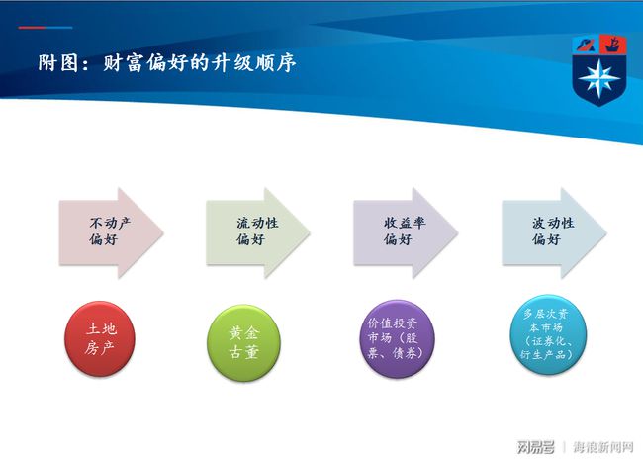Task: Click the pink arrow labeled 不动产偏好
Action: click(111, 232)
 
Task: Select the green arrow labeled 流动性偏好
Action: click(257, 232)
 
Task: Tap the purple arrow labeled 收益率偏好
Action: click(406, 232)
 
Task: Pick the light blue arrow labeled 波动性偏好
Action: click(554, 232)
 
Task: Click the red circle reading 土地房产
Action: click(100, 338)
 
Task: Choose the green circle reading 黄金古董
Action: click(243, 343)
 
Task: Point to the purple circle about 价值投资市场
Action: click(397, 338)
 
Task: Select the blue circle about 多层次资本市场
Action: click(548, 333)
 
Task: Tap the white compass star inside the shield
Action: click(599, 78)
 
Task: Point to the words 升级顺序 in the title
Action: click(254, 63)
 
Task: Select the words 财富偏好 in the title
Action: click(144, 63)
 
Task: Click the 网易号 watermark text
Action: click(535, 446)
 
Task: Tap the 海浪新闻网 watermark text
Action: click(602, 446)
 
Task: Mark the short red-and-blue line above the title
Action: click(46, 28)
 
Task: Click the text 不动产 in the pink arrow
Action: click(110, 224)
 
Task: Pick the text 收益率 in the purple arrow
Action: click(405, 224)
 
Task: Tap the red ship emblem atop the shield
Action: click(613, 45)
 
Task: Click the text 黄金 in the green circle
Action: click(244, 333)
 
